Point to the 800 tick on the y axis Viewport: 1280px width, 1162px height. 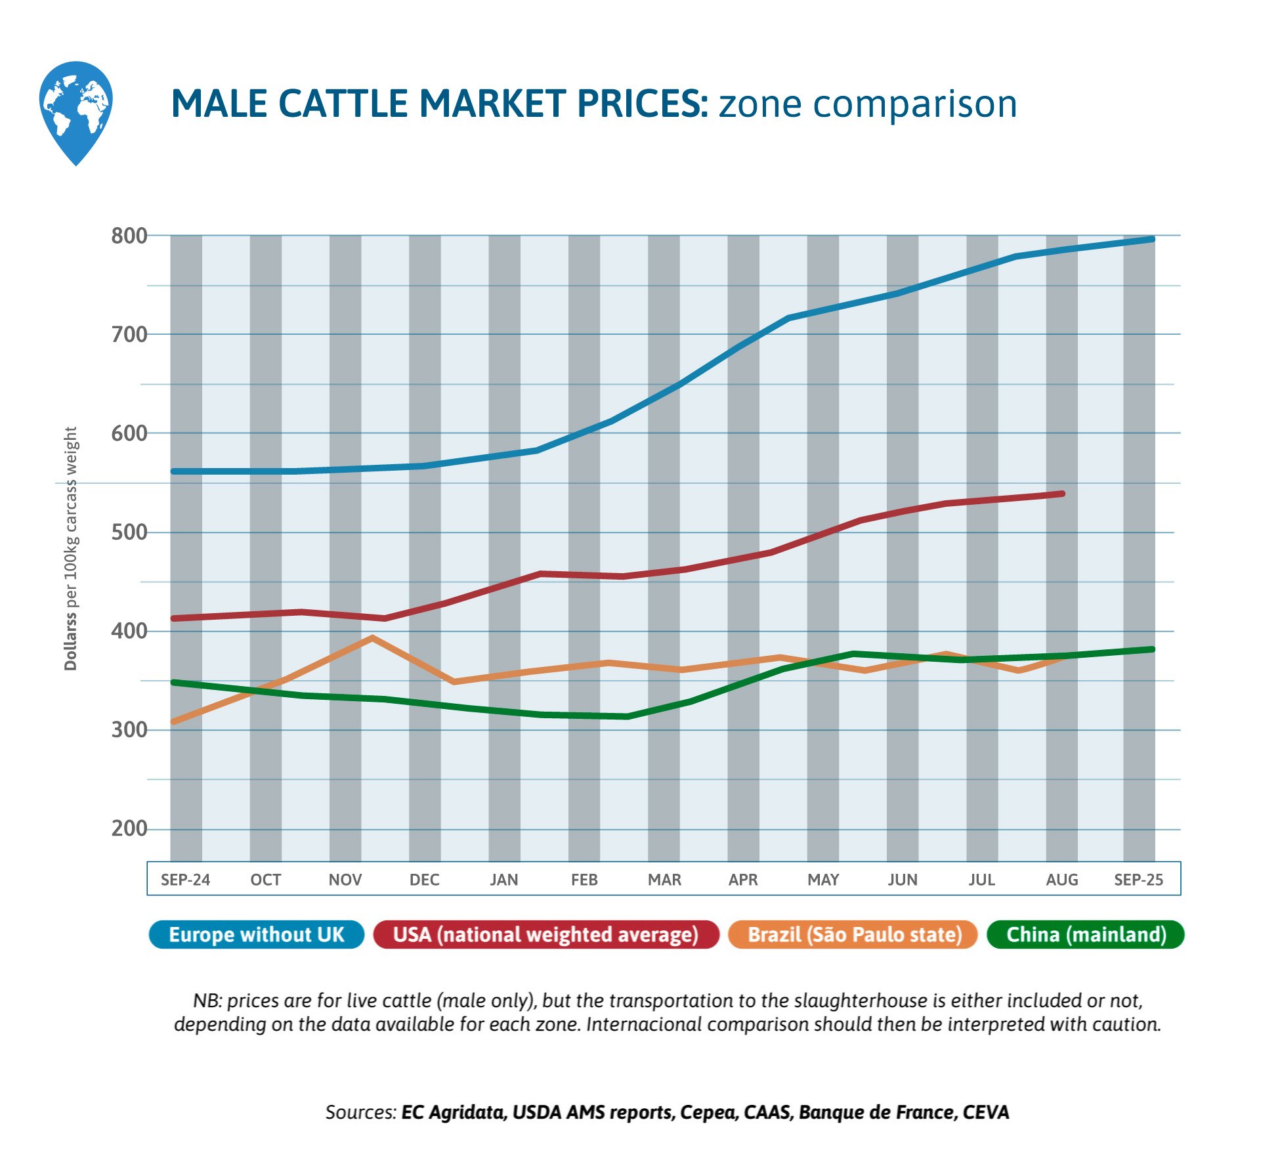pos(129,236)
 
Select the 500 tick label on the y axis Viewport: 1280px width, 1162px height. pos(129,532)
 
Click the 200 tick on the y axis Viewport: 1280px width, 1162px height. pos(129,828)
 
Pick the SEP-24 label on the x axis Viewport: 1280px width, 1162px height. pos(185,880)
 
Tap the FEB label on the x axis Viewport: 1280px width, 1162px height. pos(584,880)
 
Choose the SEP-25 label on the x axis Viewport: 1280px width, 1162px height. pos(1138,880)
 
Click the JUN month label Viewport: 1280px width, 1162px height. pos(903,880)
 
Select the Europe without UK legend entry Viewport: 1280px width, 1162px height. pos(256,935)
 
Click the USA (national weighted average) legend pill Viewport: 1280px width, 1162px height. pos(545,935)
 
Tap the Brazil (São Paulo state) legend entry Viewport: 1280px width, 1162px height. pos(854,935)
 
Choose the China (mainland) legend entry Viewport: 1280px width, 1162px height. pos(1086,935)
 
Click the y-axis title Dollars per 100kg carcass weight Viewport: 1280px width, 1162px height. pos(70,548)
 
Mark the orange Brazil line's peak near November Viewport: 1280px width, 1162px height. pos(372,637)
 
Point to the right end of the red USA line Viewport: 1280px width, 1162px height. pos(1062,494)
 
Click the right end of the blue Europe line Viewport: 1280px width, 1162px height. pos(1152,239)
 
